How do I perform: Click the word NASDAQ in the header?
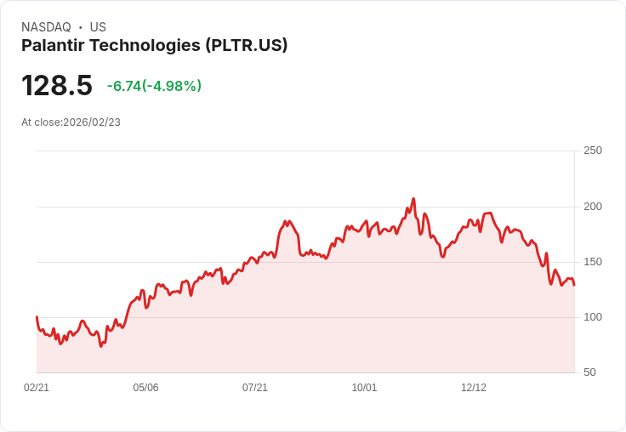(x=46, y=27)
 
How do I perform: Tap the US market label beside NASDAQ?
(x=98, y=27)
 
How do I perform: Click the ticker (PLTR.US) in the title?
(x=246, y=45)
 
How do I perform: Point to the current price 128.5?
(x=56, y=86)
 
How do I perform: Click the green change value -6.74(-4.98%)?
(x=154, y=86)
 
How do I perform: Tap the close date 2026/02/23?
(x=92, y=122)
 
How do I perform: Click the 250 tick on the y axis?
(x=592, y=151)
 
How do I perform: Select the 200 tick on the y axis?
(x=592, y=207)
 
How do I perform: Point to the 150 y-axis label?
(x=592, y=262)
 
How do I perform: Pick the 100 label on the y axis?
(x=592, y=317)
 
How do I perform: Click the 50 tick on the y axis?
(x=589, y=372)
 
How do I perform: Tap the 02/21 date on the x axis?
(x=37, y=388)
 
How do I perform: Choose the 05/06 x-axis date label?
(x=145, y=388)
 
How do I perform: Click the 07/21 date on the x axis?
(x=255, y=388)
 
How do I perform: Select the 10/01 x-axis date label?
(x=364, y=388)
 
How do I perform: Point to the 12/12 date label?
(x=474, y=388)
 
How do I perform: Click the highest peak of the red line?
(x=413, y=199)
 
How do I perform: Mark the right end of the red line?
(x=574, y=285)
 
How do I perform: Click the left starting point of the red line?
(x=37, y=317)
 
